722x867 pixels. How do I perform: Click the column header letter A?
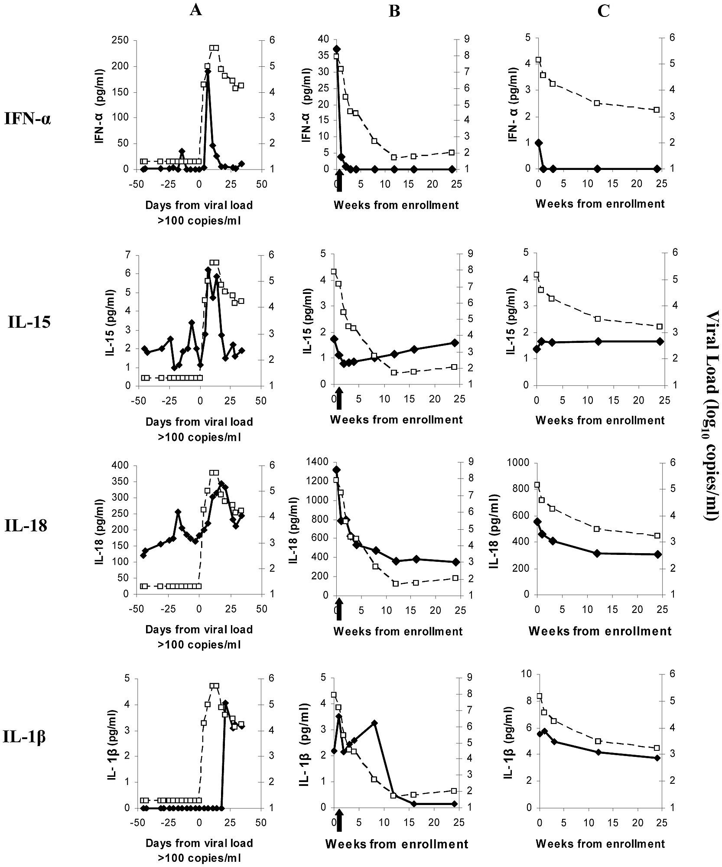pos(196,11)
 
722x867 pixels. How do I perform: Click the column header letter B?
pos(394,12)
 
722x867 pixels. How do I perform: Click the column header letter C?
pos(603,12)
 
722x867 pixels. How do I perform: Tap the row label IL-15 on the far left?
pos(29,323)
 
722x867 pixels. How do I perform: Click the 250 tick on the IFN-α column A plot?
pos(120,41)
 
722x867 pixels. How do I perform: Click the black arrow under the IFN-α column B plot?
pos(339,179)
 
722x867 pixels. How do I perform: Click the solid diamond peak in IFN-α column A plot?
pos(208,71)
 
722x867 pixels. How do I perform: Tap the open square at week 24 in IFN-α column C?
pos(657,110)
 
